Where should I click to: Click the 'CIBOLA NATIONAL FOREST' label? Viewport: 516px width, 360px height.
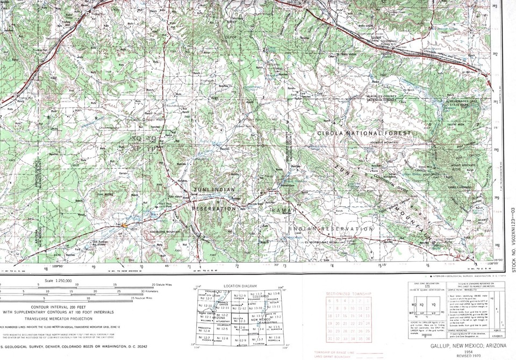point(364,133)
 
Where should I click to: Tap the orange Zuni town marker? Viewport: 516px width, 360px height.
point(125,226)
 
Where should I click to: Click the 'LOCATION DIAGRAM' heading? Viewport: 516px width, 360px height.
point(241,286)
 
